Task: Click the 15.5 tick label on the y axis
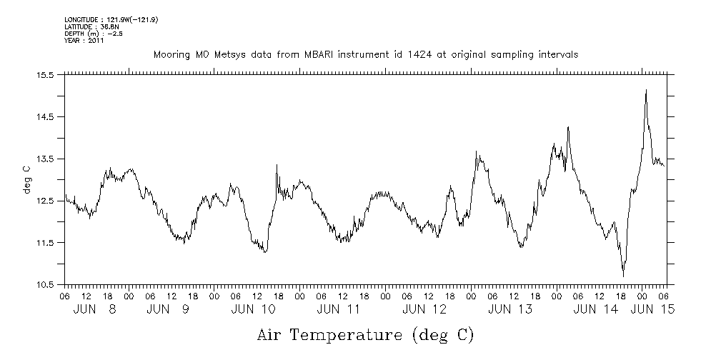(x=47, y=74)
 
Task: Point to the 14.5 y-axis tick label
(x=47, y=116)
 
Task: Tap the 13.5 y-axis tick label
(x=47, y=159)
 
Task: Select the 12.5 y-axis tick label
(x=47, y=201)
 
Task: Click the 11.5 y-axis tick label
(x=47, y=243)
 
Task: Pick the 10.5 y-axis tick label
(x=47, y=285)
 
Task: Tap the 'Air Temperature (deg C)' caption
(x=365, y=334)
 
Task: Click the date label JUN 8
(x=96, y=309)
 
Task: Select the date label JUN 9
(x=169, y=309)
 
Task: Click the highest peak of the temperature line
(x=646, y=90)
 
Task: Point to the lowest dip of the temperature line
(x=623, y=276)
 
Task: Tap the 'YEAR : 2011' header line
(x=85, y=41)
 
